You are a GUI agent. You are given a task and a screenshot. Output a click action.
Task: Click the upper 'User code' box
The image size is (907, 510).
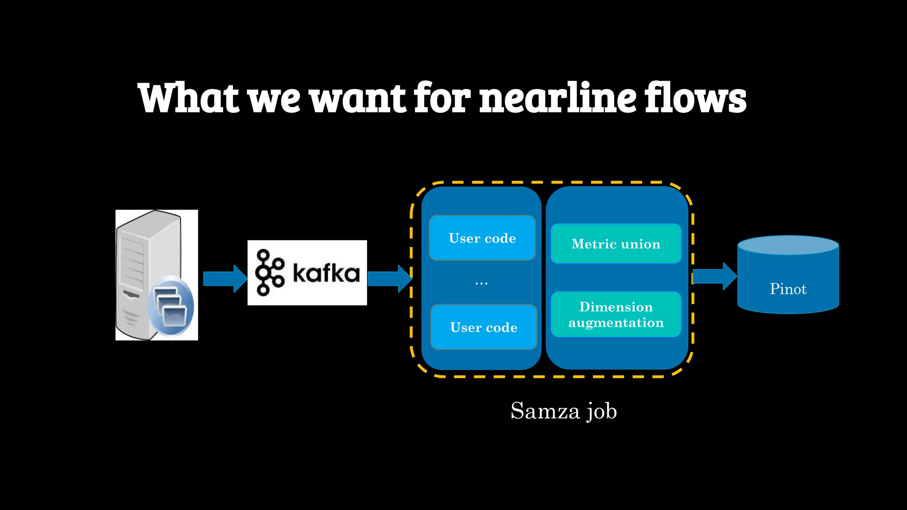[482, 238]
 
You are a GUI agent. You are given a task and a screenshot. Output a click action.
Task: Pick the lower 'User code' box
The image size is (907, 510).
[484, 327]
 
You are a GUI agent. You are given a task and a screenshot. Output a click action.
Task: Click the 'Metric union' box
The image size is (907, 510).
[616, 243]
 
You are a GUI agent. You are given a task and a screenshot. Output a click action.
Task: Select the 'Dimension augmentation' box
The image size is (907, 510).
[616, 314]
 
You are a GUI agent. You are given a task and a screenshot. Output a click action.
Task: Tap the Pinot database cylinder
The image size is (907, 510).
[788, 274]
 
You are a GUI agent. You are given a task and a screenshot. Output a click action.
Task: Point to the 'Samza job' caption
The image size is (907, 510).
[563, 411]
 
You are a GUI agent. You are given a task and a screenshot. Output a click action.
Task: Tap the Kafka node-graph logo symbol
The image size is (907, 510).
[269, 272]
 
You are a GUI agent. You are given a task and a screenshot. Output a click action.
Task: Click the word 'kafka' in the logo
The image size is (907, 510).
[326, 273]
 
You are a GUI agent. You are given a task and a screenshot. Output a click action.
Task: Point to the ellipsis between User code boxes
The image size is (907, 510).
[481, 283]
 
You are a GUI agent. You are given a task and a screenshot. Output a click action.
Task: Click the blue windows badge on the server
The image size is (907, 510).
[171, 306]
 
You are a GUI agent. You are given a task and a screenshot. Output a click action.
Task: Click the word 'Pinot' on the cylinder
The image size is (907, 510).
[788, 289]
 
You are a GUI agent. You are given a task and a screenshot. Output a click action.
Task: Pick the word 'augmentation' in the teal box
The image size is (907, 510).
[616, 323]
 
